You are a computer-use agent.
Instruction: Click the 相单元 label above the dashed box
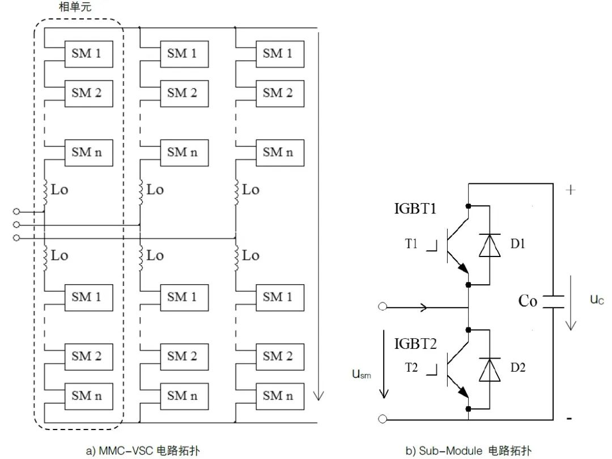coord(75,7)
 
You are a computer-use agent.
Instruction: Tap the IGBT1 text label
coord(415,209)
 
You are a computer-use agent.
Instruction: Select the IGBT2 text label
coord(415,344)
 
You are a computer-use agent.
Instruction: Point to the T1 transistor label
coord(411,244)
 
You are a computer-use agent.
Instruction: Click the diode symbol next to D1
coord(490,245)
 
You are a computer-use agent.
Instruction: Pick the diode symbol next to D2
coord(490,369)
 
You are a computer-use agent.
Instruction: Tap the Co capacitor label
coord(528,301)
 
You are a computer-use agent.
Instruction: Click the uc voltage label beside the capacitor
coord(597,300)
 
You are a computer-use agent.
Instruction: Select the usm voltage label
coord(362,374)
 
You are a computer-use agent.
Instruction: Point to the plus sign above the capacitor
coord(571,190)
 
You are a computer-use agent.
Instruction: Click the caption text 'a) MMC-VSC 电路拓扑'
coord(143,451)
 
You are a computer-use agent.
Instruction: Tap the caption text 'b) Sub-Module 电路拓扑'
coord(469,451)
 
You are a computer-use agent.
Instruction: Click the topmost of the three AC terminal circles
coord(16,211)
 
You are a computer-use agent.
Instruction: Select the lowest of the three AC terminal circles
coord(16,238)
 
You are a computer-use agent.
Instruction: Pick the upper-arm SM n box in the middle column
coord(184,153)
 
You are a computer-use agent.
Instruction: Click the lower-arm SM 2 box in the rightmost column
coord(280,357)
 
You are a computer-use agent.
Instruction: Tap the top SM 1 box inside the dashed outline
coord(88,54)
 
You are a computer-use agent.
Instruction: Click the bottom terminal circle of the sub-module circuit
coord(382,419)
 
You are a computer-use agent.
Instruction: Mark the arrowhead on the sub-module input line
coord(423,307)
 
